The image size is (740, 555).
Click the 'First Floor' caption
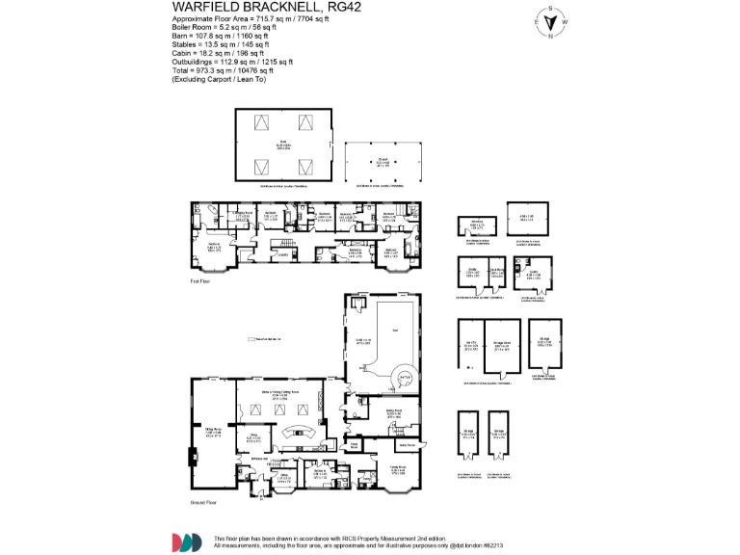[202, 281]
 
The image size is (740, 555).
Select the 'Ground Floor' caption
[204, 503]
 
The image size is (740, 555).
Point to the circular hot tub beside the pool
[406, 376]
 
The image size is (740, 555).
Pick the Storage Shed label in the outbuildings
[503, 344]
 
